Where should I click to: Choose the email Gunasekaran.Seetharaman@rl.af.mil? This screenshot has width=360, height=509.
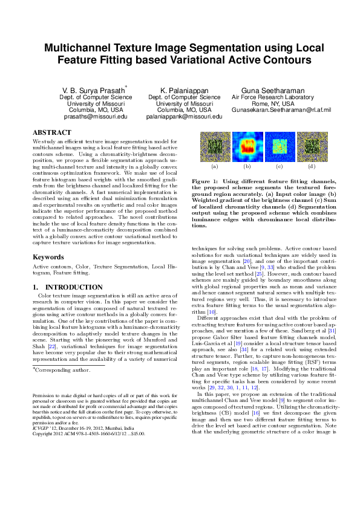[273, 110]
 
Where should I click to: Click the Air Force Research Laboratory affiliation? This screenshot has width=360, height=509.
[273, 97]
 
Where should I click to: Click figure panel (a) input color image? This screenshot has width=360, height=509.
[214, 146]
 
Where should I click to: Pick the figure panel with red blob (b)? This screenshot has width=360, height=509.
[247, 146]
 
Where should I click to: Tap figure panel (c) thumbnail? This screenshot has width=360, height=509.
[279, 146]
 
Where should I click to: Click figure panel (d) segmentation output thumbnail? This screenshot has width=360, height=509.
[312, 146]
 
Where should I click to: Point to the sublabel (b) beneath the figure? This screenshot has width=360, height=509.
[247, 166]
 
